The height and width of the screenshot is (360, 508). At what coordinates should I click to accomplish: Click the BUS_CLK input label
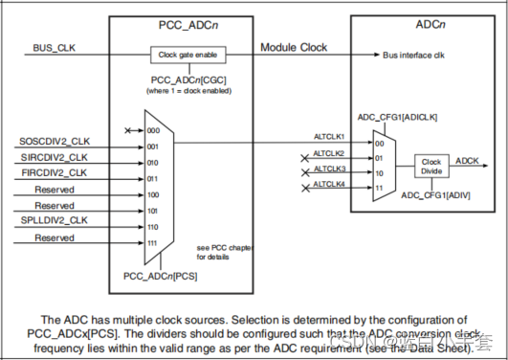click(x=54, y=46)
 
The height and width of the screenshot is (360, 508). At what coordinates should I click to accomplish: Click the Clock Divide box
click(x=431, y=166)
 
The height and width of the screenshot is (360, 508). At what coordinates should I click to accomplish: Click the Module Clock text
click(x=293, y=47)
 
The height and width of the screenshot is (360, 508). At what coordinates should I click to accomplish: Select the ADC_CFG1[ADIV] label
click(x=436, y=197)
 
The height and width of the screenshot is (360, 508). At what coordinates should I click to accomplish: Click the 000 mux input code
click(x=152, y=129)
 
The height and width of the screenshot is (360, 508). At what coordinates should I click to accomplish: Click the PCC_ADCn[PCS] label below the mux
click(x=160, y=276)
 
